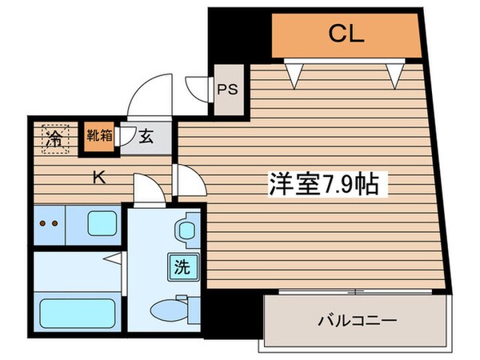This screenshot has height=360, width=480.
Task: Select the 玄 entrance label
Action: tap(147, 137)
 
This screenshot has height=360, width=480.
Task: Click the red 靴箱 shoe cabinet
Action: tap(100, 136)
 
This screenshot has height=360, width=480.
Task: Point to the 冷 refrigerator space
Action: tap(54, 137)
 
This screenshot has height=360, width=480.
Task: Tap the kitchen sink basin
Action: tap(101, 223)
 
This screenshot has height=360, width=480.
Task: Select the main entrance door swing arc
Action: tap(150, 90)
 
